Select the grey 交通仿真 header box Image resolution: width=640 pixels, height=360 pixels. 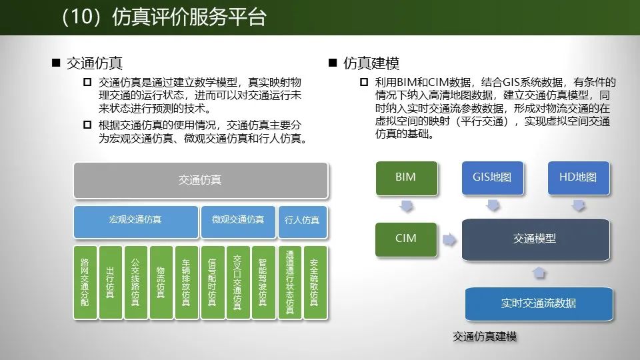200,180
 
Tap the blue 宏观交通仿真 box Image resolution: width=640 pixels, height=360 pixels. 135,220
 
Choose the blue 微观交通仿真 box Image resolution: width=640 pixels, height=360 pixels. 238,220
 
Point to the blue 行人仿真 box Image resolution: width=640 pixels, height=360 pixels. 302,220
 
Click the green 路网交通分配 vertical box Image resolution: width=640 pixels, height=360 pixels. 84,283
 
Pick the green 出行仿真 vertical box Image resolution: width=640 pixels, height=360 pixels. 110,283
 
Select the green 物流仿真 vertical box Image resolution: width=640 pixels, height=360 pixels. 161,283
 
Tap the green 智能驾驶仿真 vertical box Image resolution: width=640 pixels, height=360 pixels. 263,283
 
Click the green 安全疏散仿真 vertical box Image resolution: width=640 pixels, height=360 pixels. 315,283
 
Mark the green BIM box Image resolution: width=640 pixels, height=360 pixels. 405,178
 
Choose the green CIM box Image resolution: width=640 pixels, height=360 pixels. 405,239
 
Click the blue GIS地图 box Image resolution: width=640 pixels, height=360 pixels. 492,178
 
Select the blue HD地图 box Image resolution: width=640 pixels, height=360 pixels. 578,178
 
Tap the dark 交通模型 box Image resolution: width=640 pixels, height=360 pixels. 535,239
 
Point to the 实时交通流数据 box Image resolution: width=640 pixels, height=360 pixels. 539,303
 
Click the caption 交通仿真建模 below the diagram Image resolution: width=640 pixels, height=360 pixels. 485,337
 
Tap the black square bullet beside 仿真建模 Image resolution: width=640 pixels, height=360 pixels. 333,63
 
